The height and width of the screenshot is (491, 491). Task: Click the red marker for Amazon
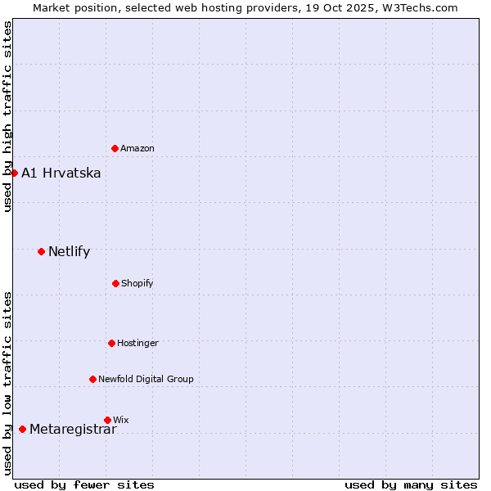115,148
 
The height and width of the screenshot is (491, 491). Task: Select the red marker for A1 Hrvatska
14,173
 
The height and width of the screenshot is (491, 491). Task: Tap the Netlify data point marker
41,251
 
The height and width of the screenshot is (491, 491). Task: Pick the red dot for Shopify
115,283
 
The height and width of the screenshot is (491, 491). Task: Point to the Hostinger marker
111,343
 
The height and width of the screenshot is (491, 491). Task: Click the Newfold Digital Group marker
92,379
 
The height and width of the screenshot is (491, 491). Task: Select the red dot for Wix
107,420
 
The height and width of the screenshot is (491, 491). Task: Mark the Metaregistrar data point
22,429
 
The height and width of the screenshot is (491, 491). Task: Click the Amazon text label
137,148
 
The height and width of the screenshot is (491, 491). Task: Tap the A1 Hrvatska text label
61,173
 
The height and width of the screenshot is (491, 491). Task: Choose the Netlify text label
70,251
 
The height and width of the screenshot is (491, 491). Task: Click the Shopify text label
137,283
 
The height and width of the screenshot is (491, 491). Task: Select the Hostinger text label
137,343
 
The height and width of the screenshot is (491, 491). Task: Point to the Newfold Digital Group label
146,379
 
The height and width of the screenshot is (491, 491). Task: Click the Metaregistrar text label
73,430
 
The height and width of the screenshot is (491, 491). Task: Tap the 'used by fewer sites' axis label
84,484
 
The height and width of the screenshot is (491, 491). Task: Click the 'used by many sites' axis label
411,484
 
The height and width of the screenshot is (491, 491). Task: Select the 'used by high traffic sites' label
7,116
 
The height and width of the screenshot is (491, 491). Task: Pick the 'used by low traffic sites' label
7,383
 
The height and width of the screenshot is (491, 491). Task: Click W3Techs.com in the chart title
417,7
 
